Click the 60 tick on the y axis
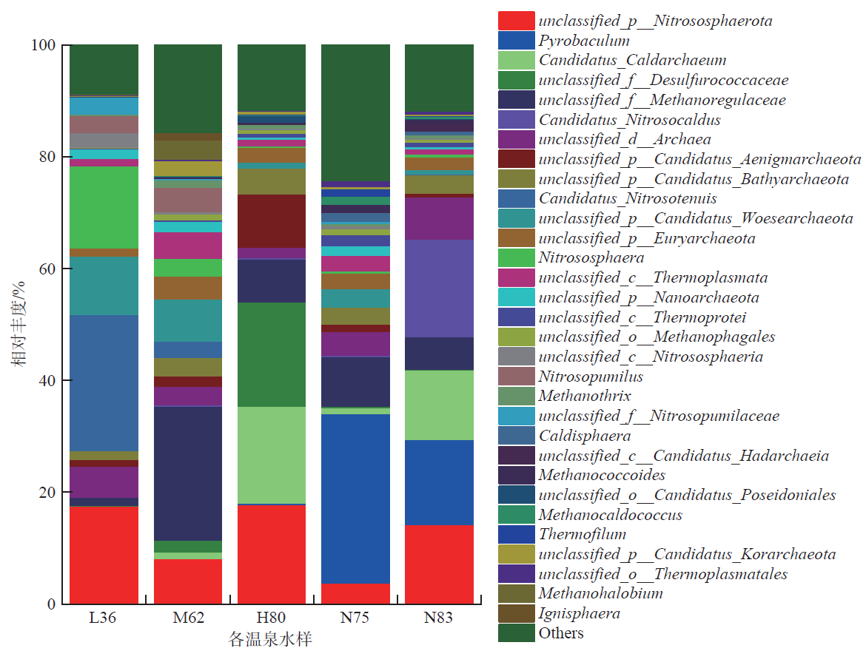click(45, 269)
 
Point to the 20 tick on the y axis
click(45, 493)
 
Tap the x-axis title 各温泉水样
click(270, 639)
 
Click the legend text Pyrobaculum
click(584, 41)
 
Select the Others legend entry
click(560, 633)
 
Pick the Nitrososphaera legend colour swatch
click(516, 258)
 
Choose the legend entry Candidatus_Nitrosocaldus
click(629, 120)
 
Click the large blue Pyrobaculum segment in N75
click(355, 499)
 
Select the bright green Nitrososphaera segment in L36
click(104, 207)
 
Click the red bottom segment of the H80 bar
click(272, 554)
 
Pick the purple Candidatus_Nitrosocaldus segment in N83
click(439, 288)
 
